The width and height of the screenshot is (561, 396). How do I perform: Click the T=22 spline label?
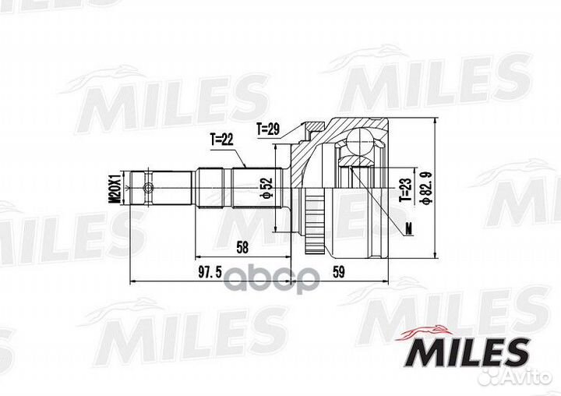(222, 140)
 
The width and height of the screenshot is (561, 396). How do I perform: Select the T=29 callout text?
(269, 127)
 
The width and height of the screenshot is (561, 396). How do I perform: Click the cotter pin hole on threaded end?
(147, 188)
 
